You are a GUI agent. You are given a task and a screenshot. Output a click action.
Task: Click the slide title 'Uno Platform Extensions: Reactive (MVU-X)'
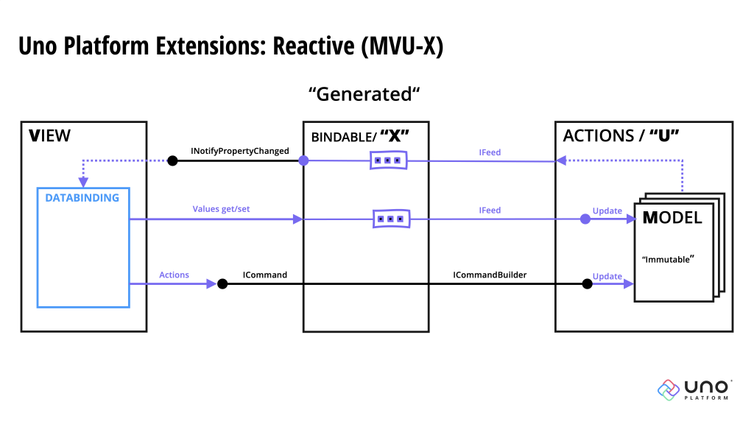tap(230, 46)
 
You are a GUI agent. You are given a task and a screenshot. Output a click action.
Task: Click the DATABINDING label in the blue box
tap(82, 198)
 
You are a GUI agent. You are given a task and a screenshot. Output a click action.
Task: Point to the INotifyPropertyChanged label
tap(240, 151)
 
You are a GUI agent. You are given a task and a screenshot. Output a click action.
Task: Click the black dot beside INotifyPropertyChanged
tap(172, 160)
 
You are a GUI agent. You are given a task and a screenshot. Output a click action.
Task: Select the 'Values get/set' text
tap(221, 209)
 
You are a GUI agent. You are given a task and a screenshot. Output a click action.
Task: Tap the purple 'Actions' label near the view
tap(174, 275)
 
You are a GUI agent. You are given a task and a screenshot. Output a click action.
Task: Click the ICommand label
tap(265, 275)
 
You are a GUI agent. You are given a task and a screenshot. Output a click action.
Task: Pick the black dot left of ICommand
tap(222, 283)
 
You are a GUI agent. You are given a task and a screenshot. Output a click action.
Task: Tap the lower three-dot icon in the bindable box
tap(391, 219)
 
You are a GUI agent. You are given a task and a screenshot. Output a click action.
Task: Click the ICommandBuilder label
tap(490, 275)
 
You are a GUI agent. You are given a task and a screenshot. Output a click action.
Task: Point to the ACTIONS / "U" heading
tap(621, 135)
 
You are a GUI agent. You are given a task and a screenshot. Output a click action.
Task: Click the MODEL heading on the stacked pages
tap(672, 217)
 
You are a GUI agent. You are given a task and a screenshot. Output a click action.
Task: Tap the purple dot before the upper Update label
tap(585, 219)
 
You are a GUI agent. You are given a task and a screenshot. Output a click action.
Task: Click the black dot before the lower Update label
tap(587, 283)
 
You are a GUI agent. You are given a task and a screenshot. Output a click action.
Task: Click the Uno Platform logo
tap(694, 389)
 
